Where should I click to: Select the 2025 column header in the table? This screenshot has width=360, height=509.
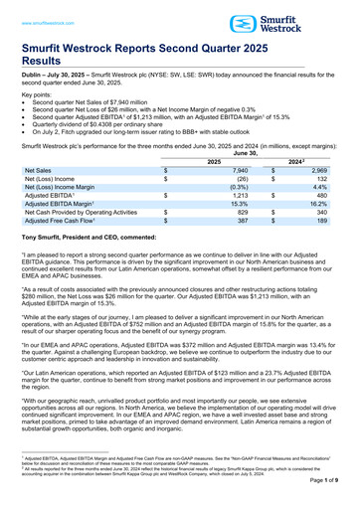213,161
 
